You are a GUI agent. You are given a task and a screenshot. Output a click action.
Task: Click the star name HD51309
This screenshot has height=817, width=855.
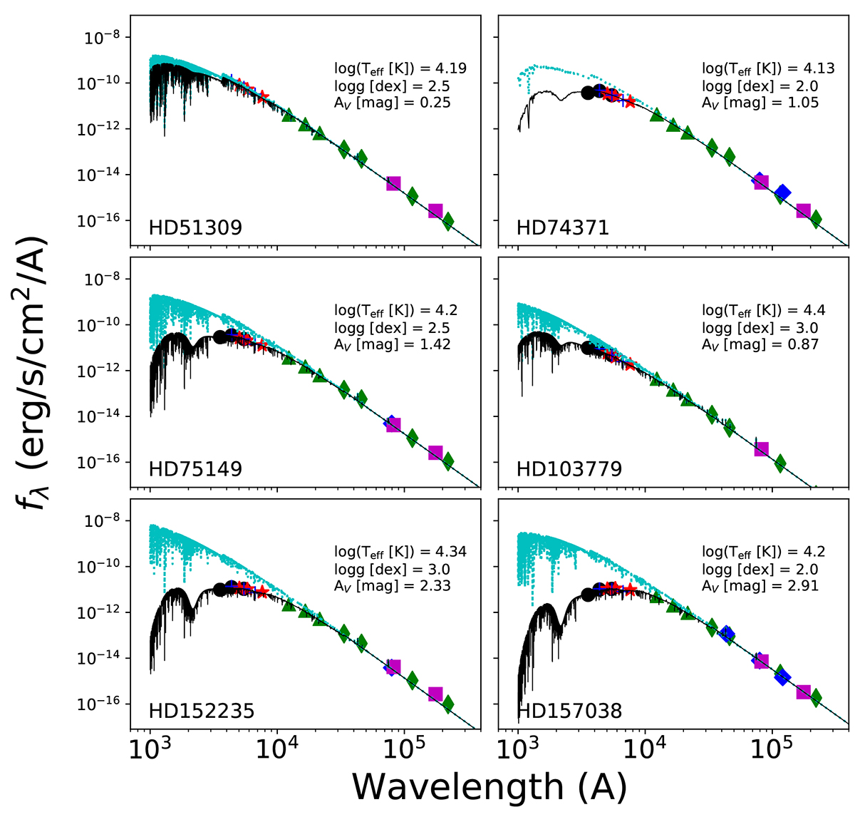point(195,227)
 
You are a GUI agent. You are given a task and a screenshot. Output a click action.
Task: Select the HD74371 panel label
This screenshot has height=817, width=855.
point(563,227)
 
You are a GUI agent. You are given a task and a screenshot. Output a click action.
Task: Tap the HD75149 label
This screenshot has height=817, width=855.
point(195,469)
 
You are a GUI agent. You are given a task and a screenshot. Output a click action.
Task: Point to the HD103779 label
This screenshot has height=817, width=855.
point(569,469)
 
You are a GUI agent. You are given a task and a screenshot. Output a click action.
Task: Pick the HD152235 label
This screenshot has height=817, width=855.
point(202,711)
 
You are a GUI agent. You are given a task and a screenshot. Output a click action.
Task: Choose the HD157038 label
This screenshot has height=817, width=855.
point(569,711)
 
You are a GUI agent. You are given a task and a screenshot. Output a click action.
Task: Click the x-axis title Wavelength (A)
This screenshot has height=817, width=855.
point(489,787)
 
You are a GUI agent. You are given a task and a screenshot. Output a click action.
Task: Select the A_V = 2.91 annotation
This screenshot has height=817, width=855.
point(760,586)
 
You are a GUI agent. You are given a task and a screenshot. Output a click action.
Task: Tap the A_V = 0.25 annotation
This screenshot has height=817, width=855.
point(393,103)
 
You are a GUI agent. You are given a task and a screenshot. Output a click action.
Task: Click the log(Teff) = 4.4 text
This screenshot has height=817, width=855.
point(764,311)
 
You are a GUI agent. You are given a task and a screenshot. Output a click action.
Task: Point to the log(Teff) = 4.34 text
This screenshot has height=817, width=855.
point(400,553)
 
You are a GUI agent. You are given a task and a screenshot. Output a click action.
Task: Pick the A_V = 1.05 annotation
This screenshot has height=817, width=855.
point(760,103)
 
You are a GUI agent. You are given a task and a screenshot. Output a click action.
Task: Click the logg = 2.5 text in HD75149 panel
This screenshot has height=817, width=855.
point(392,328)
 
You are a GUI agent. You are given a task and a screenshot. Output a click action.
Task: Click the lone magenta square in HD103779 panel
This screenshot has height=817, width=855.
point(761,449)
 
